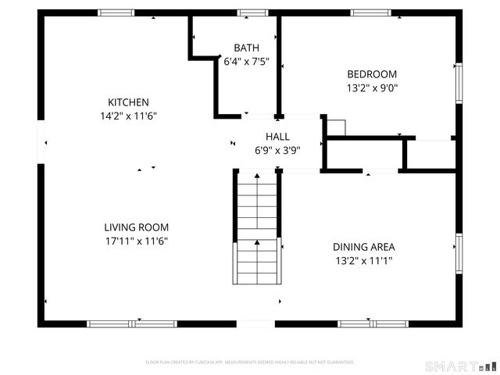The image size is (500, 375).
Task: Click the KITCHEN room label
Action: click(x=128, y=102)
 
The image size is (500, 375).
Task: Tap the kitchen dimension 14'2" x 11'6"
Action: click(x=128, y=116)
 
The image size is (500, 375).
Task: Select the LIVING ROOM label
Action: click(x=137, y=227)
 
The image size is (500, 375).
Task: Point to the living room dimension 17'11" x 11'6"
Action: click(x=137, y=241)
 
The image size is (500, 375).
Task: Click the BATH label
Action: click(x=246, y=48)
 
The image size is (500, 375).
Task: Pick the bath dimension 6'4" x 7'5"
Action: click(x=246, y=61)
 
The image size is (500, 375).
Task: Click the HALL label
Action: click(x=277, y=137)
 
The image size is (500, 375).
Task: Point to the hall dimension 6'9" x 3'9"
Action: click(x=277, y=150)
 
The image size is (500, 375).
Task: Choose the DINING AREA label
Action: click(x=364, y=246)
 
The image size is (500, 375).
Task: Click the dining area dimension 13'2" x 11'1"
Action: click(x=364, y=259)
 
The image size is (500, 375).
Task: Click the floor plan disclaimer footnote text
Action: click(x=250, y=362)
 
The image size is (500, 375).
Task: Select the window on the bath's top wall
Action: click(x=252, y=12)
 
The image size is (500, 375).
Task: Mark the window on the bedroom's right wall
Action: click(x=459, y=81)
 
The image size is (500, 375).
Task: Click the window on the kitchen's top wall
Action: click(x=116, y=12)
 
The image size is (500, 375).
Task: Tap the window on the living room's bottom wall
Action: click(x=132, y=323)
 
